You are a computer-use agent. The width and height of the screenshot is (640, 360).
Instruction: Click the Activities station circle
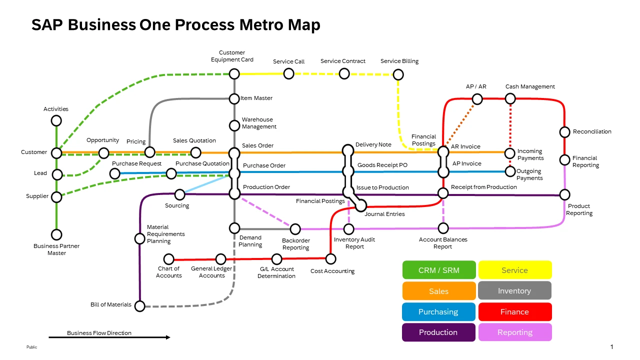(x=56, y=120)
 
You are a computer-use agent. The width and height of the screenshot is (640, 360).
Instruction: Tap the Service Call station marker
(x=288, y=73)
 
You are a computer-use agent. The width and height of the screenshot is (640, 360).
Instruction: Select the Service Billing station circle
(x=398, y=74)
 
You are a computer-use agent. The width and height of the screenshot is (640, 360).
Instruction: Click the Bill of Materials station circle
(x=140, y=305)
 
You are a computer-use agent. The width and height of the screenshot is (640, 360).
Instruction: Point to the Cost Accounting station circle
(x=330, y=258)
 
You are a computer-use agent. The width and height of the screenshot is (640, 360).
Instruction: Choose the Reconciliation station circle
(x=564, y=132)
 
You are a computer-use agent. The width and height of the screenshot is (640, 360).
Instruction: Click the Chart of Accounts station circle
(x=169, y=259)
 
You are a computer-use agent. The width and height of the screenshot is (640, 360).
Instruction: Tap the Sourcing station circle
(x=179, y=194)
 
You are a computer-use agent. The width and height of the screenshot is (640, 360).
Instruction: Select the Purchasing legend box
(x=438, y=311)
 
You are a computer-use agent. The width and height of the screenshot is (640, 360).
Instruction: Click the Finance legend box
(x=514, y=311)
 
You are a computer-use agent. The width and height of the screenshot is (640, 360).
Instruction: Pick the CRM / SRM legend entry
(x=438, y=270)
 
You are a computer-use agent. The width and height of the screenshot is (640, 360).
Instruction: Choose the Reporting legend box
(x=514, y=332)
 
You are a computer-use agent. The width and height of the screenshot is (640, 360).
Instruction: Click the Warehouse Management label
(x=259, y=123)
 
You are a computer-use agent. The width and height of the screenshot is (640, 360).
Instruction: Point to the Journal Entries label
(x=384, y=214)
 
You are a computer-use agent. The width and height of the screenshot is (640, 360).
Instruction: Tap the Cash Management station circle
(x=510, y=98)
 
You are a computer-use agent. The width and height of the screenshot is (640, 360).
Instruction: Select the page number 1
(x=611, y=346)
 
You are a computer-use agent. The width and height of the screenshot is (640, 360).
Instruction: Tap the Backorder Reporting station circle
(x=295, y=229)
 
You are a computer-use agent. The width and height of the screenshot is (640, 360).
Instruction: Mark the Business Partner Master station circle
(x=56, y=234)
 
